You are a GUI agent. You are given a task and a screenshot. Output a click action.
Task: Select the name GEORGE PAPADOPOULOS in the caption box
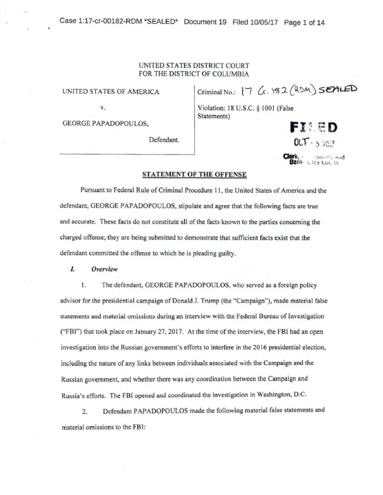(x=106, y=124)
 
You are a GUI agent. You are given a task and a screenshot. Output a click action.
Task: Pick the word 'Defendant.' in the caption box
(x=164, y=140)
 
